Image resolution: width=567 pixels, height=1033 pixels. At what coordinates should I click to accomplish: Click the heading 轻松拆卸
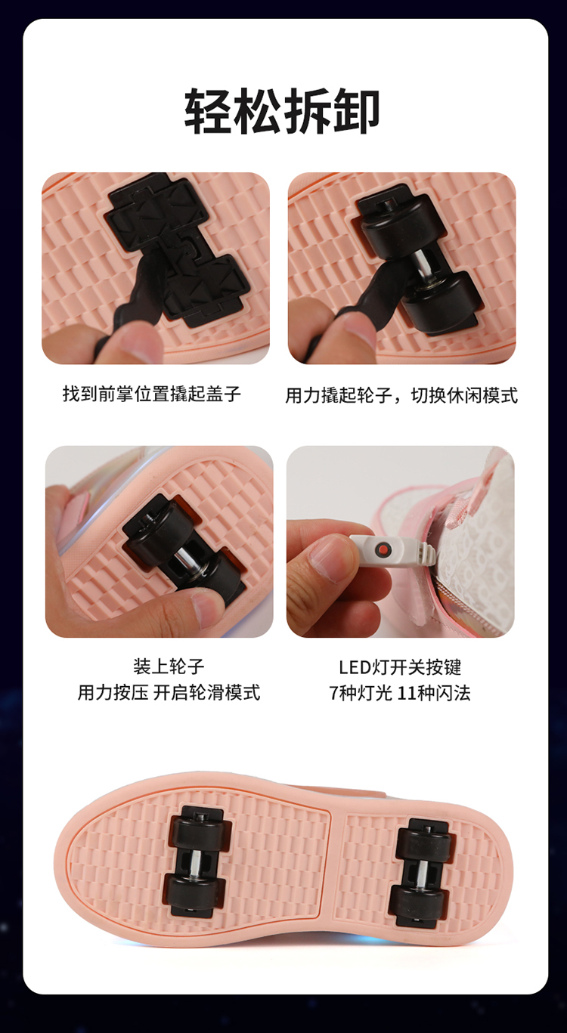click(282, 112)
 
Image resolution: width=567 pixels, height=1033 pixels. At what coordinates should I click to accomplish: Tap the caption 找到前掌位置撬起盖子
click(152, 394)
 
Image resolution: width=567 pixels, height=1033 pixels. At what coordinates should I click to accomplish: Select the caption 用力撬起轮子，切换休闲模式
click(401, 395)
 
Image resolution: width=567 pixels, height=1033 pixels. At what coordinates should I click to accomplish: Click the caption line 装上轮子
click(169, 667)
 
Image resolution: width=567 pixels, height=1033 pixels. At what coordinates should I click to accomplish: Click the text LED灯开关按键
click(400, 667)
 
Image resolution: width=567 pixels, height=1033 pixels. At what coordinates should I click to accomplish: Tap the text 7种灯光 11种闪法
click(400, 693)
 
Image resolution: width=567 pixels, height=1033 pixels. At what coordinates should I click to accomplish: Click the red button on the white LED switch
click(382, 549)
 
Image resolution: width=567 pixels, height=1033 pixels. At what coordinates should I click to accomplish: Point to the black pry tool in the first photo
click(134, 295)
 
